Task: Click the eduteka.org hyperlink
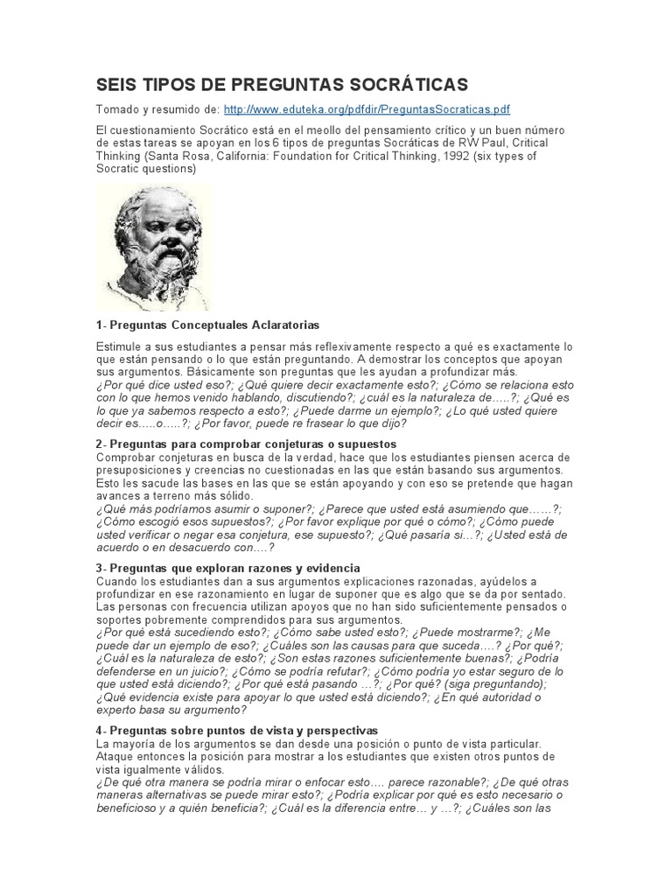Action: coord(367,109)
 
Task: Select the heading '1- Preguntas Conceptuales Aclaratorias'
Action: coord(207,325)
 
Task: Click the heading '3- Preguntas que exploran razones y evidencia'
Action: coord(227,568)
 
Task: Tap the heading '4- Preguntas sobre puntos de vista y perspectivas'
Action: coord(236,729)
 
